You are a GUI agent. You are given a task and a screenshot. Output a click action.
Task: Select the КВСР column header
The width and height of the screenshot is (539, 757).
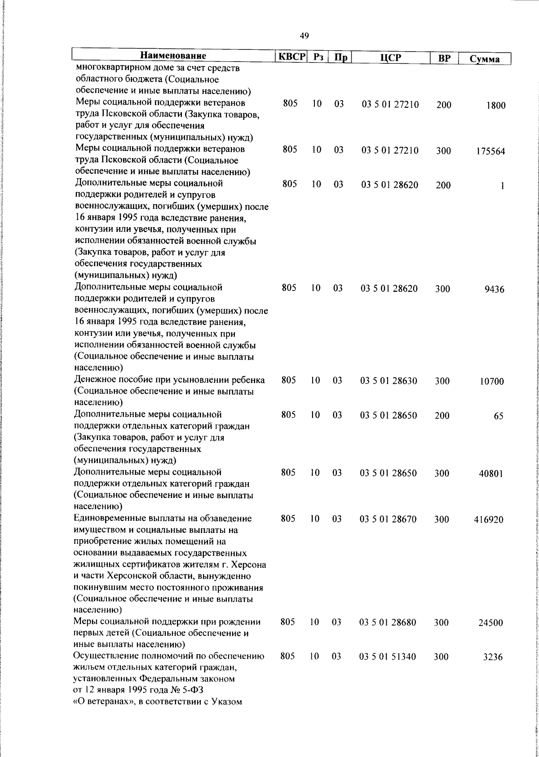click(x=291, y=57)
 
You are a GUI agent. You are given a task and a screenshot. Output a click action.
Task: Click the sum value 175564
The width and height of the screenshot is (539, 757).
click(x=490, y=152)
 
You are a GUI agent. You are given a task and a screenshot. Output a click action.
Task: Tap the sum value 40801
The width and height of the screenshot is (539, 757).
click(x=490, y=474)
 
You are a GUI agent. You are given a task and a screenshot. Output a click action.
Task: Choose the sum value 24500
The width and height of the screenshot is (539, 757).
click(x=490, y=623)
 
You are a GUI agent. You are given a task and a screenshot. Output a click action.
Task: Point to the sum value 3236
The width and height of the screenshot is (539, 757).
click(x=493, y=657)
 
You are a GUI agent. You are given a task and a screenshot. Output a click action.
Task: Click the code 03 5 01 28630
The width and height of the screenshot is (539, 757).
click(x=389, y=381)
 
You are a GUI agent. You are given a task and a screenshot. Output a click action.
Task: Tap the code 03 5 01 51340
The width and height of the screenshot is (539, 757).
click(x=388, y=657)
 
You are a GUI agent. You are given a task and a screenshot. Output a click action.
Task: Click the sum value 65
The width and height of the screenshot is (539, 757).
click(x=499, y=416)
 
